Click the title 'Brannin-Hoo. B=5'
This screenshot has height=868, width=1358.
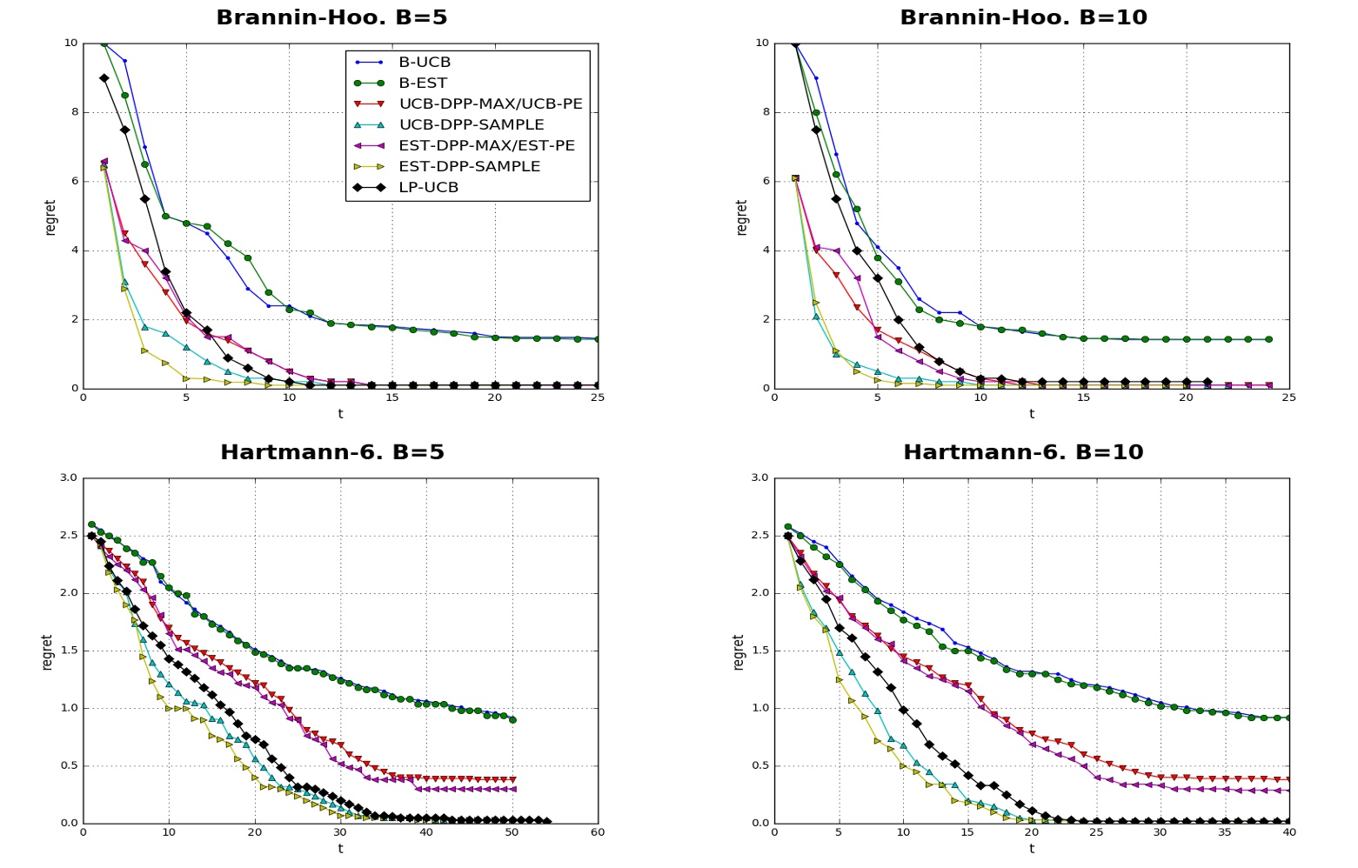(x=331, y=17)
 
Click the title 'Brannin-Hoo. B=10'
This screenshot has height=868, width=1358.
(x=1023, y=17)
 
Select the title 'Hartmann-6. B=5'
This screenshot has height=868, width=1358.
(x=331, y=452)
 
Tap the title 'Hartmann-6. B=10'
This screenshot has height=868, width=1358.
(x=1023, y=452)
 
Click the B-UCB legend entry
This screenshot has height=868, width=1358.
(x=425, y=63)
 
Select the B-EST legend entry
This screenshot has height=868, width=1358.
(x=423, y=83)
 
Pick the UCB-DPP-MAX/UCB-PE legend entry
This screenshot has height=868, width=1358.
(x=490, y=104)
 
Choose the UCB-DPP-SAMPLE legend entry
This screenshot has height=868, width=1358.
(x=471, y=125)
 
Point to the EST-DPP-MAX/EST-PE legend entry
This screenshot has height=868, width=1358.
(x=486, y=146)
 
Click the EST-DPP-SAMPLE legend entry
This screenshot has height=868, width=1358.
(x=469, y=167)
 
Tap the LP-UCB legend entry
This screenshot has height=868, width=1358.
(x=428, y=188)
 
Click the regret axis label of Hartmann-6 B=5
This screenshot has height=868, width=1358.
(x=47, y=651)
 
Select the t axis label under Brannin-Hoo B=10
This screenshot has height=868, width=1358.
(x=1032, y=414)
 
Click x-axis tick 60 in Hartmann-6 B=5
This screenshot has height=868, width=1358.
(x=598, y=832)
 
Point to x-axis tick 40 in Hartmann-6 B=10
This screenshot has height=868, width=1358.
(x=1289, y=832)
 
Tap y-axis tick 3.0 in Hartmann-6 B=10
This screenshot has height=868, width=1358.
(x=759, y=477)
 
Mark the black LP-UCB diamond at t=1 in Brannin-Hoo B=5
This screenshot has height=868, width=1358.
(x=104, y=78)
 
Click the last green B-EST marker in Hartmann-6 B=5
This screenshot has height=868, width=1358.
(x=512, y=719)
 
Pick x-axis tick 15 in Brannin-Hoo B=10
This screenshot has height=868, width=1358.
(x=1083, y=397)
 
